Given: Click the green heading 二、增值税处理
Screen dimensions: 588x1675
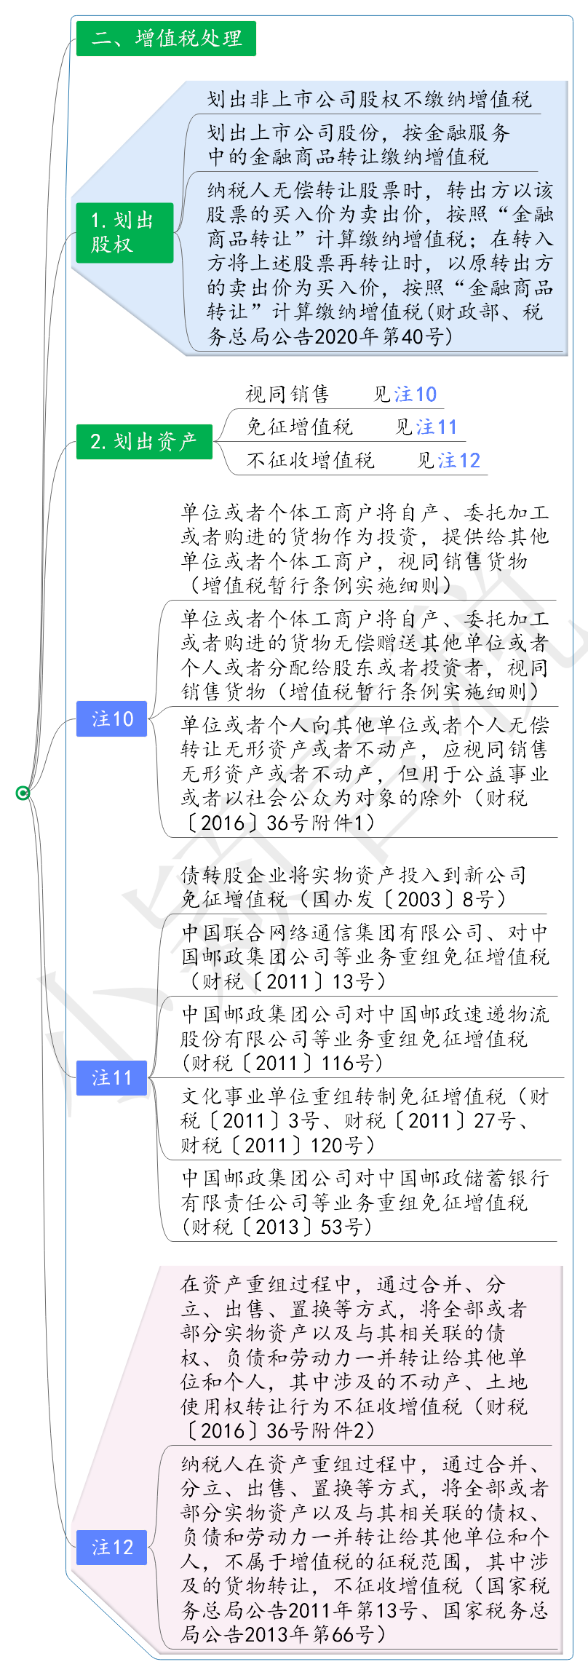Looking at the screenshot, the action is coord(166,38).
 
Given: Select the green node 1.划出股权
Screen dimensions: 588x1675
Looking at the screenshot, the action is coord(124,232).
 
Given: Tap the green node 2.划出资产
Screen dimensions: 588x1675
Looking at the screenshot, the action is coord(144,441).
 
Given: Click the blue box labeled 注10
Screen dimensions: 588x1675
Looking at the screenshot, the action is coord(112,718).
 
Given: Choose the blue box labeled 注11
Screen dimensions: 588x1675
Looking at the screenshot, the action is coord(112,1077).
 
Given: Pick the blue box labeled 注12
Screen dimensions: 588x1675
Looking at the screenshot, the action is coord(112,1547).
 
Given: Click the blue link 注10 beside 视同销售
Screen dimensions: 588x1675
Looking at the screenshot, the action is coord(416,394).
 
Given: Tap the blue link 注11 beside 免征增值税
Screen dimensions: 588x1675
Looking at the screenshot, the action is coord(437,427).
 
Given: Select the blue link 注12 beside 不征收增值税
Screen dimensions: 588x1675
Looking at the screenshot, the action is coord(459,460).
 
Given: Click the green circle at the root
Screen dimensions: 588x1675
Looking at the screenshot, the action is coord(23,793).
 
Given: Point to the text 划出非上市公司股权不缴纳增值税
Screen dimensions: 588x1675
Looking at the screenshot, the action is coord(370,99).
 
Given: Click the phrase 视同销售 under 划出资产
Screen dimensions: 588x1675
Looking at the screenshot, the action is coord(287,394).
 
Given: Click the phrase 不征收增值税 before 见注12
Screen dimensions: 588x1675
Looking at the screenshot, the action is coord(311,460).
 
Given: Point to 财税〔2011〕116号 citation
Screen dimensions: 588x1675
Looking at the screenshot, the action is coord(282,1063).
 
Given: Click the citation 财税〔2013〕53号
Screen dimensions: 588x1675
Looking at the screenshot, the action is coord(277,1227).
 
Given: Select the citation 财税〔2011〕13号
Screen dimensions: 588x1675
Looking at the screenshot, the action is coord(285,981).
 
